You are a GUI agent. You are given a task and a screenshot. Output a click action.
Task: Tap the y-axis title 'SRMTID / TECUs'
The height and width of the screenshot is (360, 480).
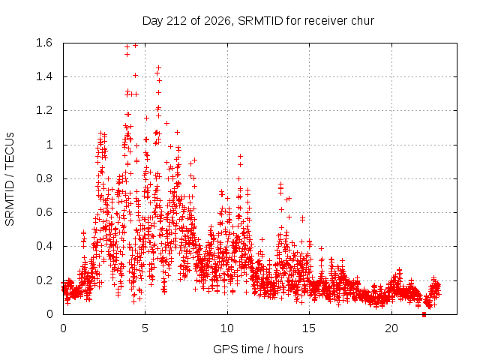[10, 179]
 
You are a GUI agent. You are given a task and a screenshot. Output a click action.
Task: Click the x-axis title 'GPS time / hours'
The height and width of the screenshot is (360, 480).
[258, 349]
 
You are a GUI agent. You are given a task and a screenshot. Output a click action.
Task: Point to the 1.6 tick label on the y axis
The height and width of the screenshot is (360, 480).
[44, 43]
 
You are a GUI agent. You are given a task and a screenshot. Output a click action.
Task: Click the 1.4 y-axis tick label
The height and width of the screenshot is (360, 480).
[44, 76]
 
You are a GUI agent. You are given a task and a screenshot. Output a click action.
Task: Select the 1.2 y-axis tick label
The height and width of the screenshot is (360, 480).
[44, 110]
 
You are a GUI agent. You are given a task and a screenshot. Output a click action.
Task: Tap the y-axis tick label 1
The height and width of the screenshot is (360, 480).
[49, 145]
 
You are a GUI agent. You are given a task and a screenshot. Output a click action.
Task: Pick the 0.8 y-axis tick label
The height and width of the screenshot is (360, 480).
[44, 178]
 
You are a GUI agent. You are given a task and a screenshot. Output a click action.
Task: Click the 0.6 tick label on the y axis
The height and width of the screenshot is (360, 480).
[44, 212]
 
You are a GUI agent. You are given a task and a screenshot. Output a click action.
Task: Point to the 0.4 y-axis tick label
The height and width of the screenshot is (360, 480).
[44, 246]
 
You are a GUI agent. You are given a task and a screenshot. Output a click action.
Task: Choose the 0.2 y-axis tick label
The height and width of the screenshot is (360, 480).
[44, 280]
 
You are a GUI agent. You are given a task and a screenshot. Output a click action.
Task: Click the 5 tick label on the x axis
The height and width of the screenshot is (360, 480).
[145, 328]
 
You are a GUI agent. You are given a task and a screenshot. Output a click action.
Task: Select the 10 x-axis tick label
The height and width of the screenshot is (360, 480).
[227, 328]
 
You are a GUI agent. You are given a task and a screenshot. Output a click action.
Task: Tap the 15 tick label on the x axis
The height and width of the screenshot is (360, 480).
[309, 328]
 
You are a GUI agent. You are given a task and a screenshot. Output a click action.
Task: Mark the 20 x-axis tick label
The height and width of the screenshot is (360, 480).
[391, 328]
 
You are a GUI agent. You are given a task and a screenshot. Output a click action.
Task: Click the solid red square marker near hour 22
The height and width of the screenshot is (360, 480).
[424, 314]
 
